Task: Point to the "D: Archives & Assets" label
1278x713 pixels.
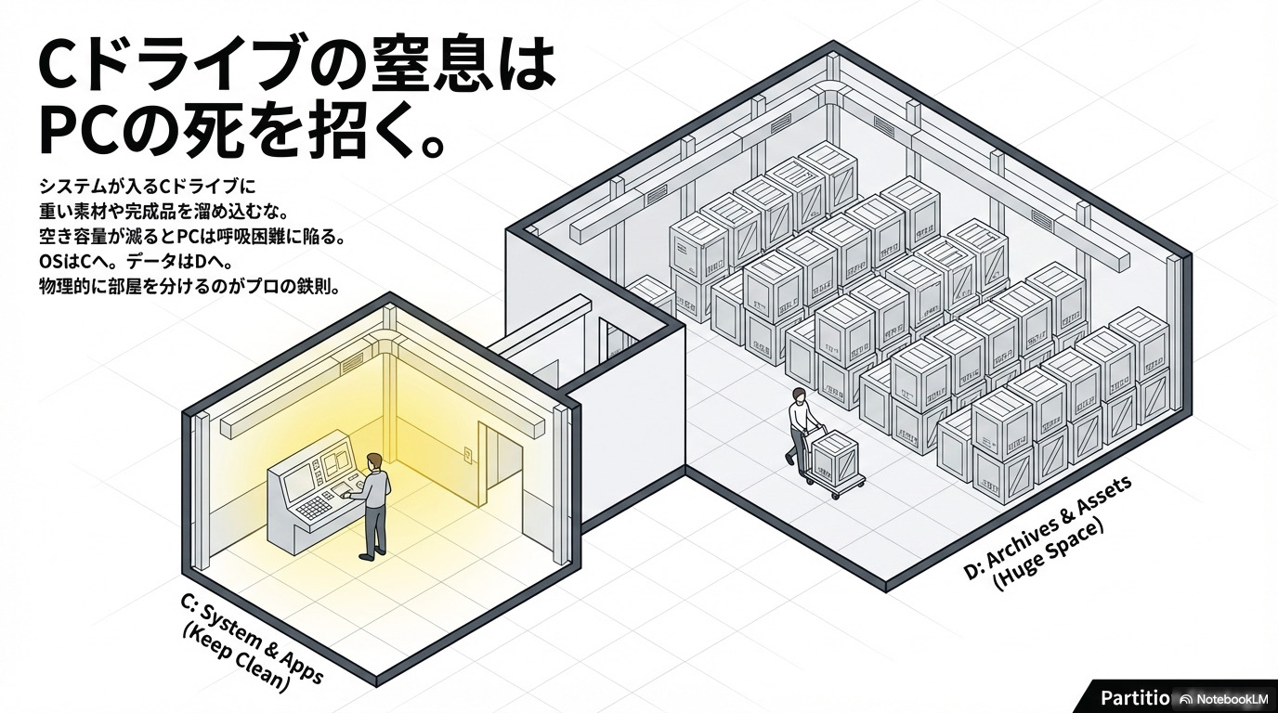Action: [x=1048, y=526]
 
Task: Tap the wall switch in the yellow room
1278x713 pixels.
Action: [x=468, y=454]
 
